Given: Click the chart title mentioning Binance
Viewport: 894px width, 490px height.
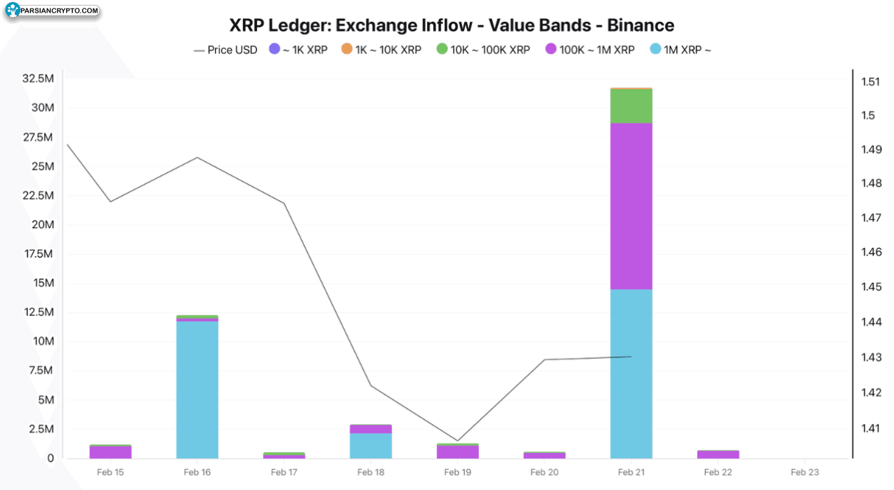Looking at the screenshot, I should click(x=452, y=25).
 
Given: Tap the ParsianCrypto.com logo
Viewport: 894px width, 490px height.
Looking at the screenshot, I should click(x=52, y=11).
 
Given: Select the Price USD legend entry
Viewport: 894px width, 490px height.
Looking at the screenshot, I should click(x=225, y=50).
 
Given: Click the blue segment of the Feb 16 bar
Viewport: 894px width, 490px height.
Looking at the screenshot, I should click(x=197, y=390).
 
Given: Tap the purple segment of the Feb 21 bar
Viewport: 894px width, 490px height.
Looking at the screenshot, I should click(x=631, y=206).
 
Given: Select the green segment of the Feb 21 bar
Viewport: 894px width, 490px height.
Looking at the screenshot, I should click(x=631, y=106).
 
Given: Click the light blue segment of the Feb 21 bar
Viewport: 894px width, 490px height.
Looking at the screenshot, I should click(x=631, y=373).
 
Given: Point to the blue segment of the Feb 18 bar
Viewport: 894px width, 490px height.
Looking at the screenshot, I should click(x=371, y=446).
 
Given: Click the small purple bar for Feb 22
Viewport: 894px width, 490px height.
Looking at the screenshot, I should click(x=718, y=454).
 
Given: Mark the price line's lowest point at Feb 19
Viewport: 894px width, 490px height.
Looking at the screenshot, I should click(x=458, y=441).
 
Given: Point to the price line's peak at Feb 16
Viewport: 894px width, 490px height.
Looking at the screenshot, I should click(x=197, y=157).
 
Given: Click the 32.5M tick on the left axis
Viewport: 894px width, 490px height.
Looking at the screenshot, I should click(x=38, y=78).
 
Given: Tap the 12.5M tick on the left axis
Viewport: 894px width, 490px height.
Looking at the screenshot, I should click(x=38, y=312).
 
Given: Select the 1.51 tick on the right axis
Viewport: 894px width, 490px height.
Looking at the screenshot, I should click(x=870, y=81).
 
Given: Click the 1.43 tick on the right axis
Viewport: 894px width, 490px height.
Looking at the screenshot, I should click(x=870, y=357).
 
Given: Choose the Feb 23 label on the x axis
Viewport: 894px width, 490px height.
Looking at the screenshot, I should click(x=805, y=472).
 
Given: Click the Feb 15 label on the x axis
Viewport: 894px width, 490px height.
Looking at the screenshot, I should click(x=110, y=472).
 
